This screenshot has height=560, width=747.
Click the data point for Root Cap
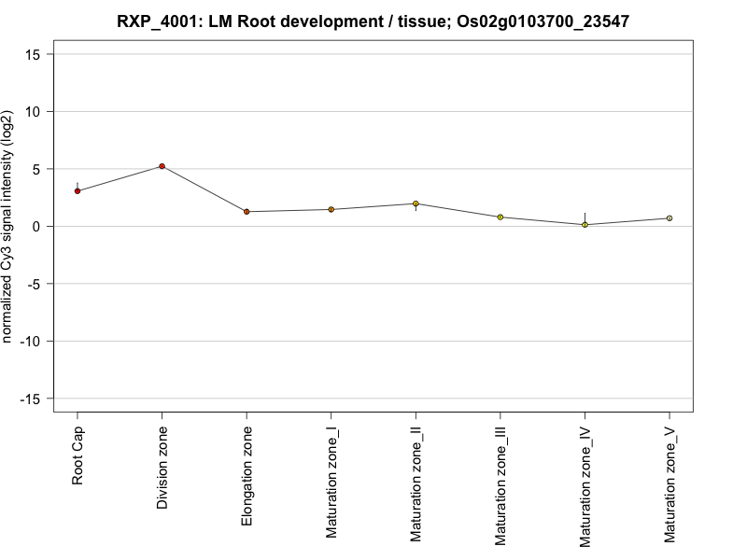tap(78, 191)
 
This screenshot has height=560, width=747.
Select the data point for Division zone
tap(162, 166)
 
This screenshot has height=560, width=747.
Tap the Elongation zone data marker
tap(247, 212)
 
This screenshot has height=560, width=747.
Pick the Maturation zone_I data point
tap(331, 209)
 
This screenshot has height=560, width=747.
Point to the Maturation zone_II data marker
tap(416, 203)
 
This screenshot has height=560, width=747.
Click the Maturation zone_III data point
tap(500, 217)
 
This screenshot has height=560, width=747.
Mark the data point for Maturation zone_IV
tap(585, 225)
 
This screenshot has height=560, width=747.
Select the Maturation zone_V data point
tap(669, 218)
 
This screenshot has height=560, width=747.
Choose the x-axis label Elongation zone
tap(247, 476)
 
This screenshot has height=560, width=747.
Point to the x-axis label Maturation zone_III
tap(500, 485)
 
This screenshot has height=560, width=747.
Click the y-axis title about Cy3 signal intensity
tap(8, 227)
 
